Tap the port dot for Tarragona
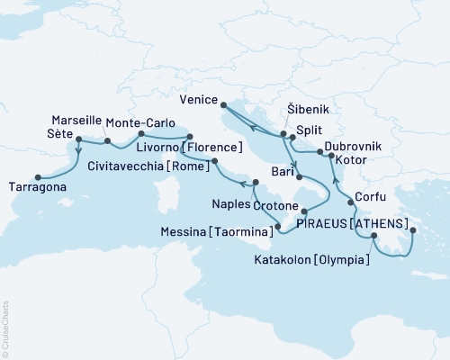point(37,177)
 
